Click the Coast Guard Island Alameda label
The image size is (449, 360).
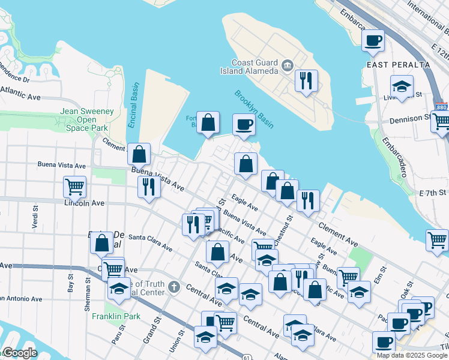(255, 67)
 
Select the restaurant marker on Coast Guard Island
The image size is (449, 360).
(307, 80)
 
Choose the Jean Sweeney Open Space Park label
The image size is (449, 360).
(86, 119)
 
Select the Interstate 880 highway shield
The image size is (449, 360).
(442, 107)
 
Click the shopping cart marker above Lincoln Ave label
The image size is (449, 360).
(74, 187)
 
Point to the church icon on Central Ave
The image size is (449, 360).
(174, 286)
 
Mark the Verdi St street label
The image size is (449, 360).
(35, 217)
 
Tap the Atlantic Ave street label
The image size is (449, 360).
(20, 93)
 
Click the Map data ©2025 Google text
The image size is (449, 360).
(412, 355)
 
